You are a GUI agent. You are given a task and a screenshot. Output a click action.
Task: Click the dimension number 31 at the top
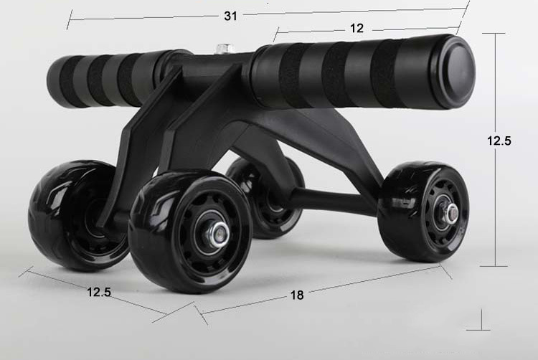coord(230,16)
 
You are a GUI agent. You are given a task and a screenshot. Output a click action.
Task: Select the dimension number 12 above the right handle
coord(357,28)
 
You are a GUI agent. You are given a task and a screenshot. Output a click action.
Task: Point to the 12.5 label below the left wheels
coord(100,292)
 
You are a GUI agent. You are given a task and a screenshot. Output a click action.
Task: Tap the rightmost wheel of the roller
coord(424,212)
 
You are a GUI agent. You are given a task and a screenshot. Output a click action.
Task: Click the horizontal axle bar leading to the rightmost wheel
coord(337,200)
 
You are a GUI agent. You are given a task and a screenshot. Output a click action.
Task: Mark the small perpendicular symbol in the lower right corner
coord(478,323)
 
